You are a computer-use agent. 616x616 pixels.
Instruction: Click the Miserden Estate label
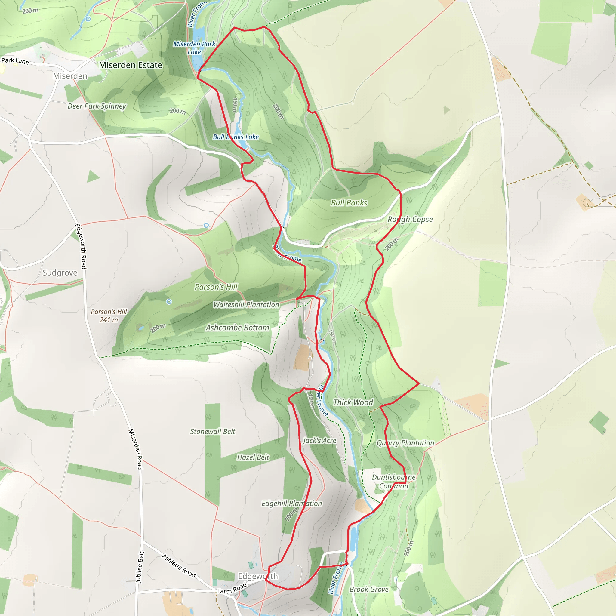coord(131,65)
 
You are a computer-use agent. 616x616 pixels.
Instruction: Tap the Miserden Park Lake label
coord(194,48)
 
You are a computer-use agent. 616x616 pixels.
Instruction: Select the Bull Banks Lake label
coord(236,137)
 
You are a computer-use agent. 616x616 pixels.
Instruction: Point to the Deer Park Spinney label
coord(97,106)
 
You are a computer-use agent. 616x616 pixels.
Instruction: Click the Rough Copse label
coord(410,219)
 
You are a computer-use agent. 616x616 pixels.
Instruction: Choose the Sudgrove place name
coord(60,273)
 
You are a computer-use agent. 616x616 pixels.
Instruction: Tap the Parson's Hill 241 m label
coord(109,316)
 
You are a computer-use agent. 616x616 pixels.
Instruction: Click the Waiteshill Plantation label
coord(246,305)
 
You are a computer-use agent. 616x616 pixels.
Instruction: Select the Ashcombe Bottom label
coord(237,328)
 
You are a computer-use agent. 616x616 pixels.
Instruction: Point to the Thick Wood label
coord(353,402)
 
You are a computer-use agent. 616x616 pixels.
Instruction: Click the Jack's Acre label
coord(319,441)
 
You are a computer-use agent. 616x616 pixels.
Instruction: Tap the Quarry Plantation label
coord(405,443)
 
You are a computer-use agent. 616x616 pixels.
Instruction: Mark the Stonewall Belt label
coord(213,431)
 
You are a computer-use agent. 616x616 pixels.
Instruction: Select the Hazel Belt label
coord(253,457)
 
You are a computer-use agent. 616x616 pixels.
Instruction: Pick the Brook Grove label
coord(369,589)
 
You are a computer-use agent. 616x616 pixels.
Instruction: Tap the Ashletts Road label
coord(179,566)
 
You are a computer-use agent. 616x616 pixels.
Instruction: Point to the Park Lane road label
coord(15,60)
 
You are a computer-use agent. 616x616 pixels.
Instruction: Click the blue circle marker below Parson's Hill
coord(169,302)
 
